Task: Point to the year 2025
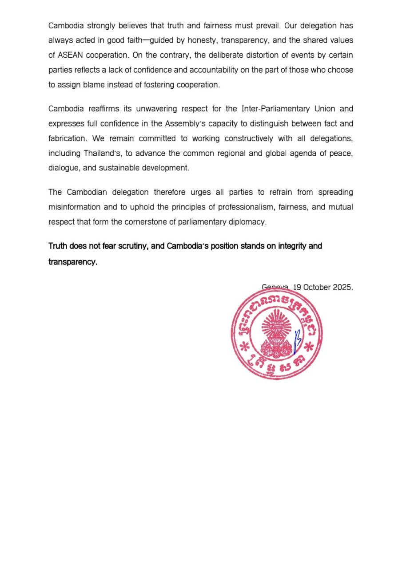343,287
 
